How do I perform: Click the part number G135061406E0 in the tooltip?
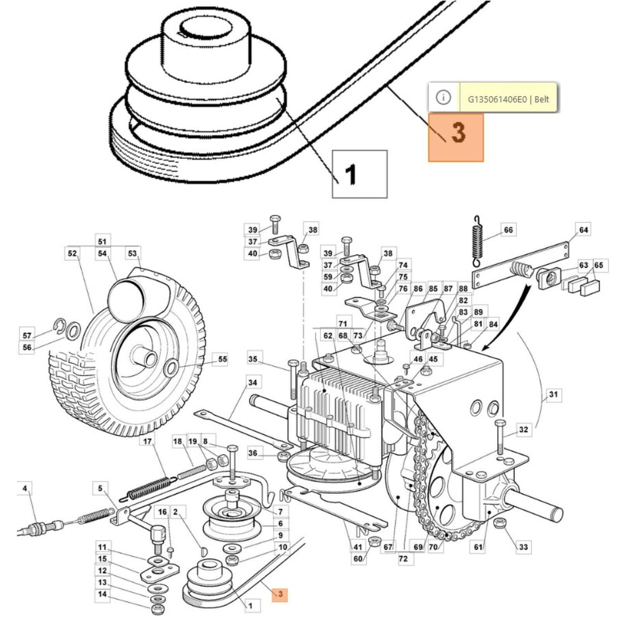coord(497,99)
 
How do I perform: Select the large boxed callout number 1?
coord(359,174)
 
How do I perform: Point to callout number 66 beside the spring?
coord(508,230)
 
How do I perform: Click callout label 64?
coord(583,230)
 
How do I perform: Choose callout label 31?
coord(553,394)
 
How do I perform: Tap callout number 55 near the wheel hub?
coord(222,359)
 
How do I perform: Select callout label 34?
coord(252,382)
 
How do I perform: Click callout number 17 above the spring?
coord(148,441)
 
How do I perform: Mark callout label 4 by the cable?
coord(25,488)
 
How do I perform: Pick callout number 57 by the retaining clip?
coord(27,335)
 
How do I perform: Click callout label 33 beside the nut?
coord(523,547)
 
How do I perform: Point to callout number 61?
coord(479,547)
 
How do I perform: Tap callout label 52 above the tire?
coord(72,253)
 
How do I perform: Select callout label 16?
coord(162,512)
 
